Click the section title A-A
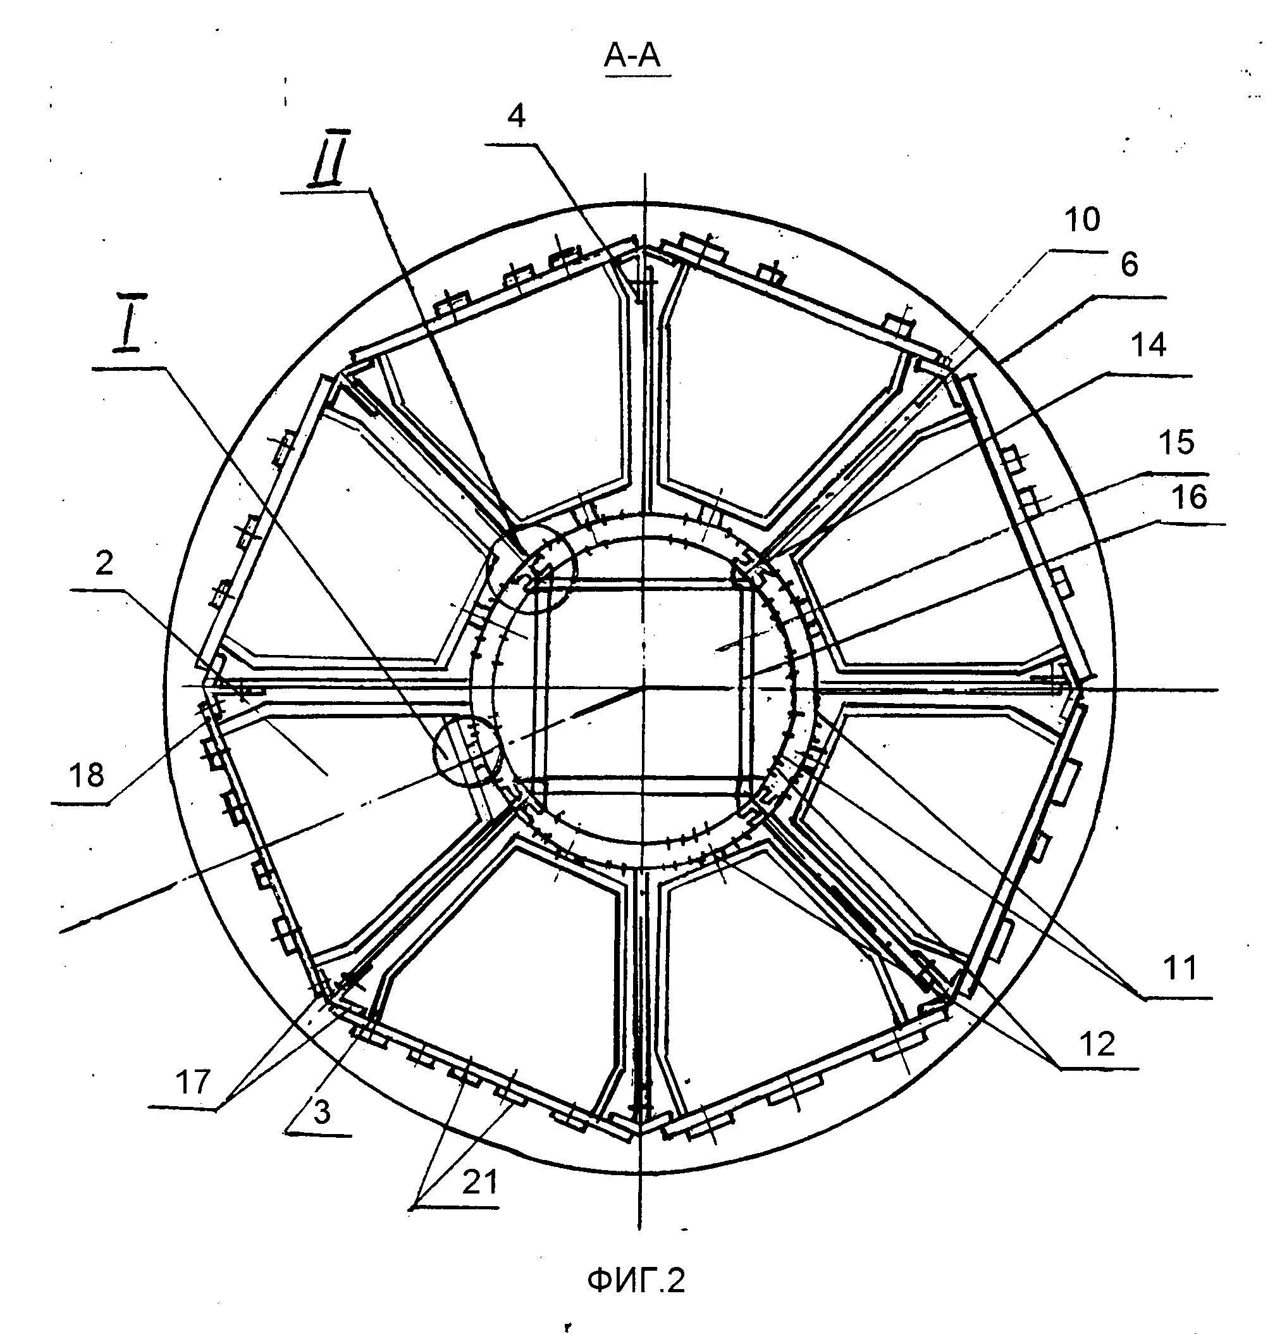point(632,57)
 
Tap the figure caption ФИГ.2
point(636,1281)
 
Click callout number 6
point(1129,265)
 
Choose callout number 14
point(1149,346)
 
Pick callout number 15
point(1176,442)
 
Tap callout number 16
point(1189,497)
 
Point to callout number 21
point(481,1184)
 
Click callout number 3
point(322,1113)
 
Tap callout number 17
point(193,1081)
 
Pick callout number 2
point(104,563)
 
